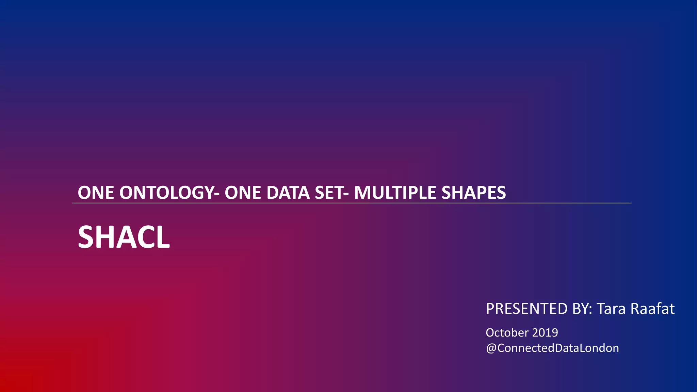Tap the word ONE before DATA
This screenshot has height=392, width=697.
[243, 193]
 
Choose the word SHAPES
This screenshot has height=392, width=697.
[473, 193]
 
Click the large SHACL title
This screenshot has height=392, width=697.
[124, 237]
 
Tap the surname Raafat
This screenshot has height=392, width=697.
[652, 309]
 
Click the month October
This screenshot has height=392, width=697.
[507, 332]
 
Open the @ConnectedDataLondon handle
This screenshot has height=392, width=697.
[552, 348]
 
